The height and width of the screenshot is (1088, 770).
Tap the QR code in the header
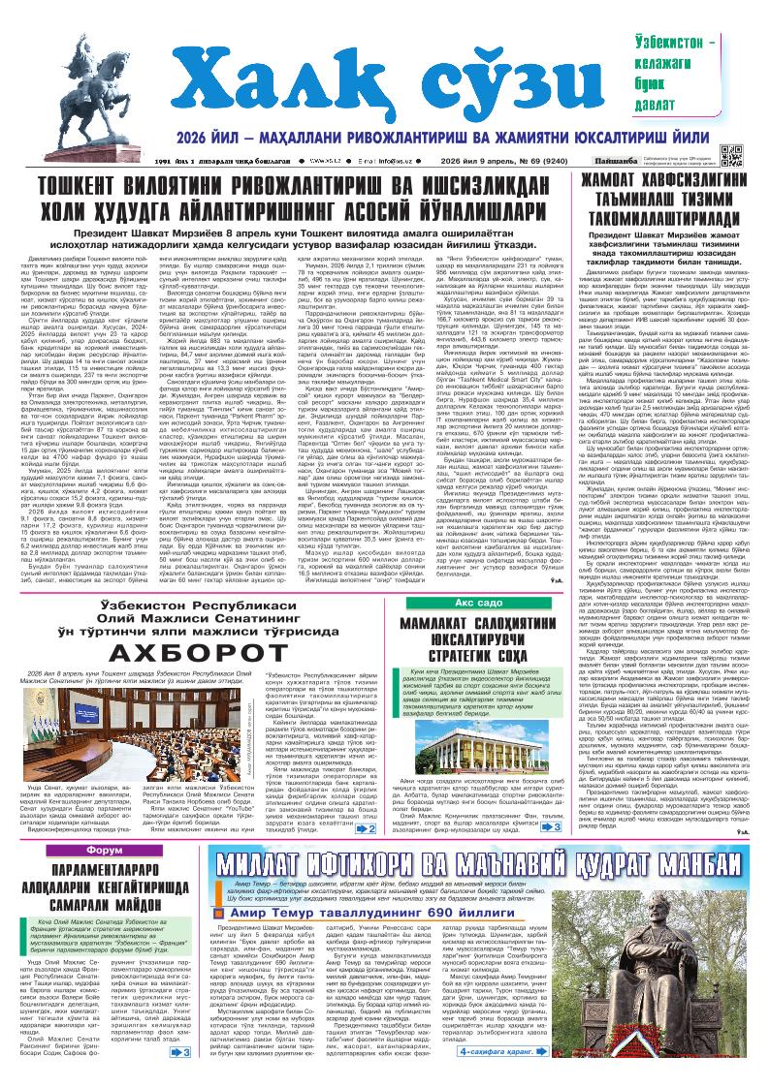pos(731,156)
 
